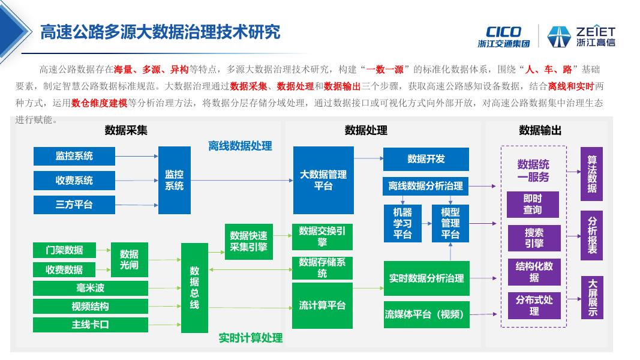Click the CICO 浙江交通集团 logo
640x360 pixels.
pos(504,36)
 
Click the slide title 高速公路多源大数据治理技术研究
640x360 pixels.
pos(160,31)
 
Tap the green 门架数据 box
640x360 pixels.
pos(64,250)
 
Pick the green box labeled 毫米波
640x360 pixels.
pos(90,289)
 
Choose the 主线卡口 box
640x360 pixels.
pos(90,325)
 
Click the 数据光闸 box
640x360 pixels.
pos(129,259)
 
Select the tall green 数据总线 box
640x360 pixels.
pos(194,288)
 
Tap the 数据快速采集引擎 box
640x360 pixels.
pos(248,241)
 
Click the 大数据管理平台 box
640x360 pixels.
pos(323,180)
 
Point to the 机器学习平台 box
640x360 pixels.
pos(402,223)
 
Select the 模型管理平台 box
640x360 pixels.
pos(450,223)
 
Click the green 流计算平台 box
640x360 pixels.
pos(323,305)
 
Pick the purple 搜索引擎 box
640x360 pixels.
pos(534,238)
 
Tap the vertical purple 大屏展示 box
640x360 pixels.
pos(592,298)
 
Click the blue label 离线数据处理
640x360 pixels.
pos(240,146)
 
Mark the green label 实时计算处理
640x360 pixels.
pos(251,338)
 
